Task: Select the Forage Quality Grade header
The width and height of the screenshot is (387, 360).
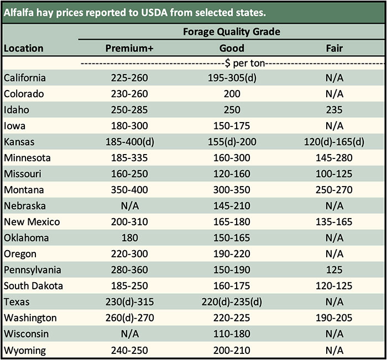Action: [232, 31]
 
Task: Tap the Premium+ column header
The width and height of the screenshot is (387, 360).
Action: [130, 48]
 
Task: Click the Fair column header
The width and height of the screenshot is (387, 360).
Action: [334, 48]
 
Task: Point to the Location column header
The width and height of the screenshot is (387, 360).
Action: [24, 48]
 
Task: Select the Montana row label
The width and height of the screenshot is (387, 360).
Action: [23, 190]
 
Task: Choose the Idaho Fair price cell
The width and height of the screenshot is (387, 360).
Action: [334, 110]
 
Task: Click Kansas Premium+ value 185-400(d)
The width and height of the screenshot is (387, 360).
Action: [130, 142]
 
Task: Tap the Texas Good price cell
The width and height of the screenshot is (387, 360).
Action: [232, 302]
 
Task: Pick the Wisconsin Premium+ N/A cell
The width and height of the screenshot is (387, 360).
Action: [130, 334]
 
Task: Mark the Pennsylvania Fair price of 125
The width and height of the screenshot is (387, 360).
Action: [334, 270]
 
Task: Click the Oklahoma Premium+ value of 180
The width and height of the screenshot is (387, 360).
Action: [130, 238]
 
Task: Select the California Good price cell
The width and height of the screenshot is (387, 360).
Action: [232, 78]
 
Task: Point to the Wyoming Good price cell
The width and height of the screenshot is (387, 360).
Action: [232, 350]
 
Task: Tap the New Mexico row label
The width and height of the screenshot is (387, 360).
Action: [32, 222]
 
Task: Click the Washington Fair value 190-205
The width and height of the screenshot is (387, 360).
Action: [334, 318]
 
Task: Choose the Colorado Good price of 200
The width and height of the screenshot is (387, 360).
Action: [232, 94]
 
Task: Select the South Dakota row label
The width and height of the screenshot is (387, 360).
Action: [33, 286]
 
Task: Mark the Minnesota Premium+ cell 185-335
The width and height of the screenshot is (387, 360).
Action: [130, 158]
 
